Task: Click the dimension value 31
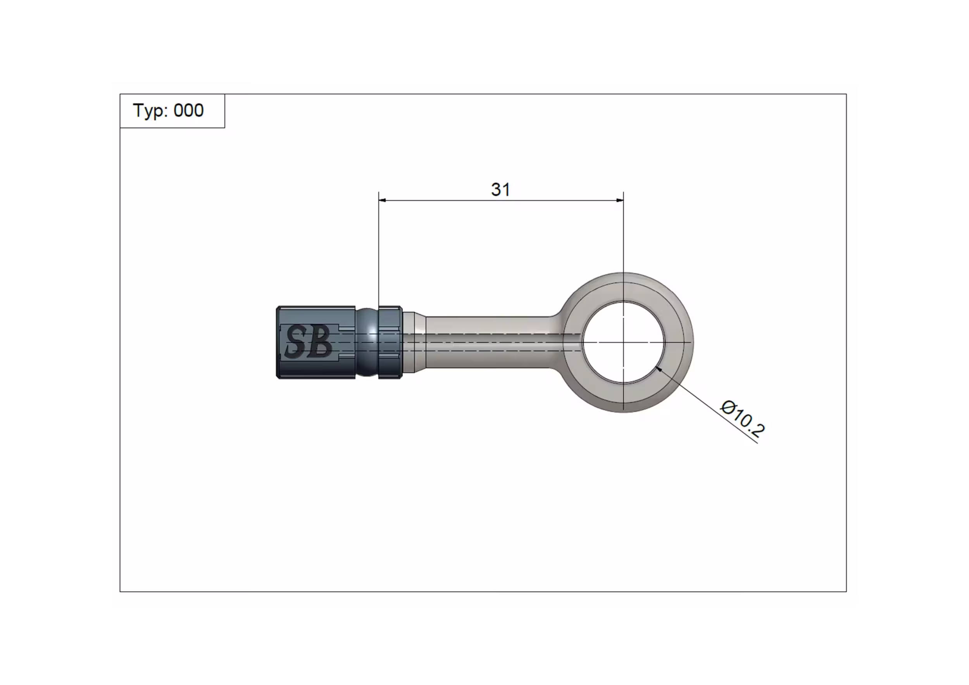click(500, 189)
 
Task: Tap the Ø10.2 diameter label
click(742, 418)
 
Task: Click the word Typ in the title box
click(147, 111)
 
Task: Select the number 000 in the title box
click(189, 110)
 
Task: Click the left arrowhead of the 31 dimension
click(382, 200)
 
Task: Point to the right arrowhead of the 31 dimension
click(620, 200)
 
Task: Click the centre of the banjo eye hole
click(624, 342)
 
